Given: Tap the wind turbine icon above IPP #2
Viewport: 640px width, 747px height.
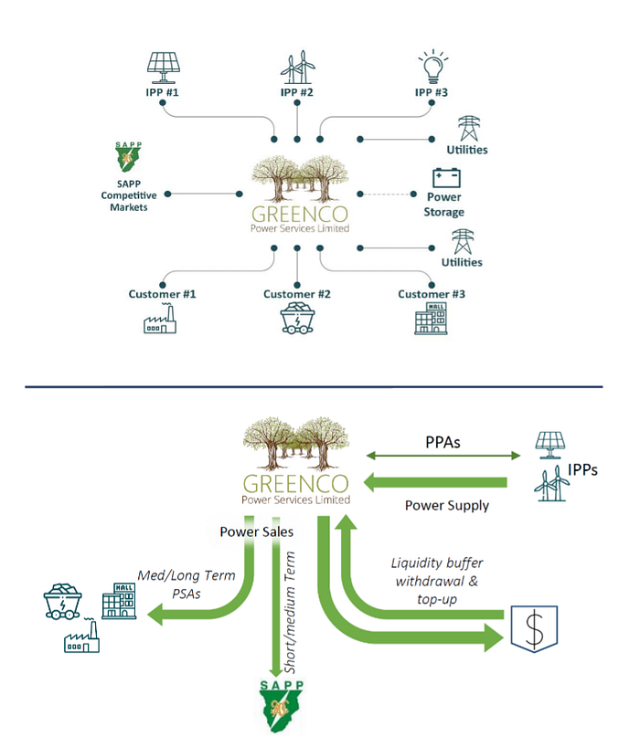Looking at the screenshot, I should click(x=297, y=67).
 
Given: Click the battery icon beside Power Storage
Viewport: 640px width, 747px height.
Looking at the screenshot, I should click(x=446, y=176).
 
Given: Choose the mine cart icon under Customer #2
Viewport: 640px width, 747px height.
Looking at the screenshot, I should click(x=297, y=321).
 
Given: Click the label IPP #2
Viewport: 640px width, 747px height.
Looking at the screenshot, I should click(x=297, y=93).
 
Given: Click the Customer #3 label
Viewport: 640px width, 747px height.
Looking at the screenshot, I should click(x=432, y=294).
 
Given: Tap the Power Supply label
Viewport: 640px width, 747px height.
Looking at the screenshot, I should click(x=446, y=505).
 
